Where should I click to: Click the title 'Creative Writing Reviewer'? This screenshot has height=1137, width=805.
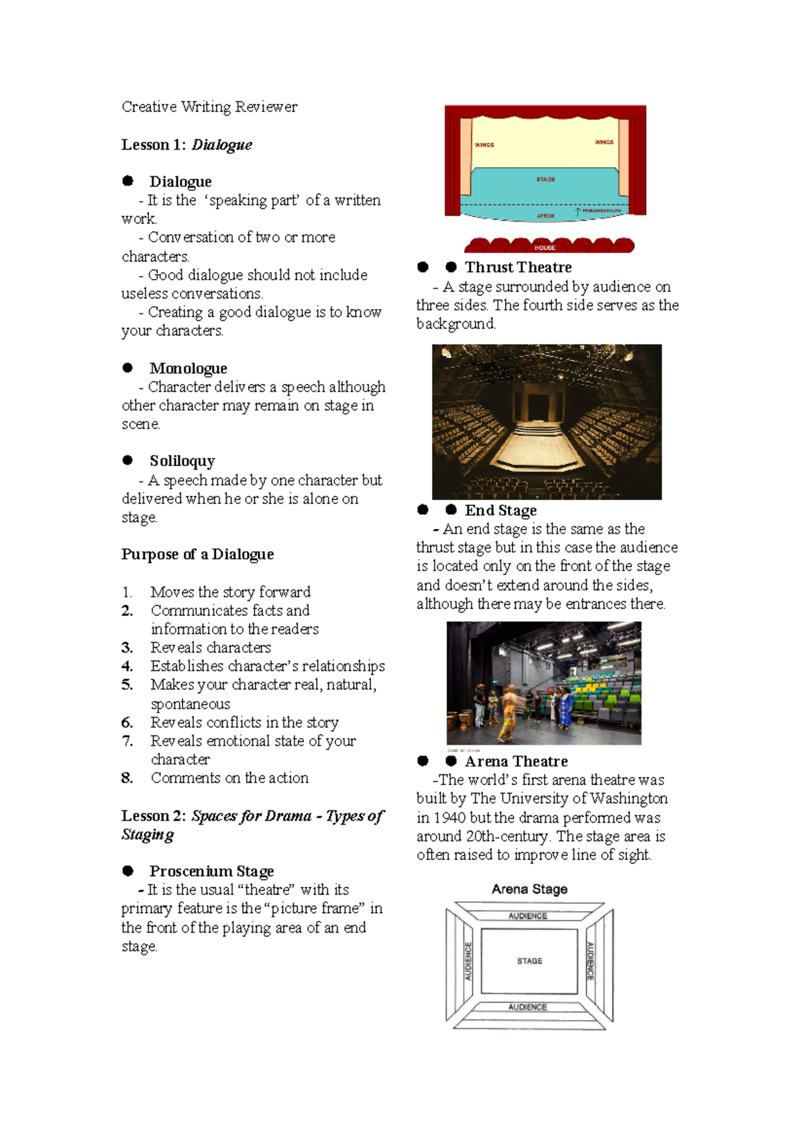click(209, 107)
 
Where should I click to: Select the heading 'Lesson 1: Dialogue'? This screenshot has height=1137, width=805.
click(186, 145)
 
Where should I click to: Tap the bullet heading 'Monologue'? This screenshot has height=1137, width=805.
click(188, 368)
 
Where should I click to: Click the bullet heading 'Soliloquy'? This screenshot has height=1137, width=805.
click(182, 461)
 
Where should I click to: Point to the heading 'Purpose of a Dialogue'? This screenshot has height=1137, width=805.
click(197, 554)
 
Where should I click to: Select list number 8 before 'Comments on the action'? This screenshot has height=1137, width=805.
click(127, 778)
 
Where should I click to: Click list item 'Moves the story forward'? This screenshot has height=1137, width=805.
click(230, 592)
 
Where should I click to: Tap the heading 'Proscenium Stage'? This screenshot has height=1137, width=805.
click(211, 871)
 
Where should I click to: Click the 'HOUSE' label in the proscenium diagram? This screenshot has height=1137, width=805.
click(545, 247)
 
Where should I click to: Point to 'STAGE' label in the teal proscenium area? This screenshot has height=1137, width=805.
click(545, 180)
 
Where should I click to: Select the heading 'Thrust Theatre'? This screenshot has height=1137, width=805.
click(518, 267)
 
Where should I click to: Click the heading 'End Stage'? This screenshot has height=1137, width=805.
click(500, 510)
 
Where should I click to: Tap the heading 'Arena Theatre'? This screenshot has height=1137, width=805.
click(516, 762)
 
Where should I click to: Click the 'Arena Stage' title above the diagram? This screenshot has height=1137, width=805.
click(529, 889)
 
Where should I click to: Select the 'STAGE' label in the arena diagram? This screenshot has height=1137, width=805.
click(529, 961)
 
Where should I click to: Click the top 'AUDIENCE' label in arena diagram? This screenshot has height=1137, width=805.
click(527, 916)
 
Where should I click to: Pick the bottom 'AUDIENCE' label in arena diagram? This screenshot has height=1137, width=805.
click(527, 1007)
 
